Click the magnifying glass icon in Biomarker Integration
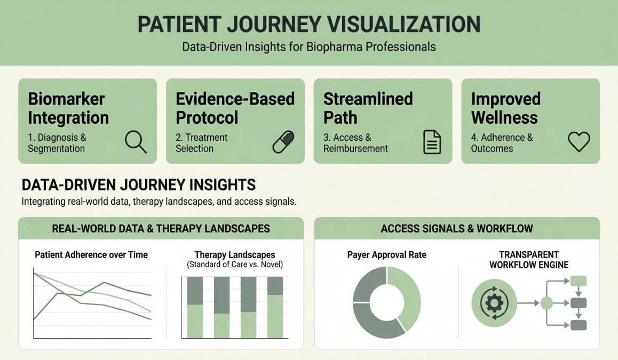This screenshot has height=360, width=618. pyautogui.click(x=136, y=142)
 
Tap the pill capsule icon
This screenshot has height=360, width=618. pyautogui.click(x=283, y=142)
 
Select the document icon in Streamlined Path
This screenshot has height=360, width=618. pyautogui.click(x=432, y=142)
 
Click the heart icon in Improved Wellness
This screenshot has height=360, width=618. pyautogui.click(x=579, y=142)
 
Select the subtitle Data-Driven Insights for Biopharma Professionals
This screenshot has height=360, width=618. pyautogui.click(x=309, y=47)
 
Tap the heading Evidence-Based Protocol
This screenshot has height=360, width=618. pyautogui.click(x=235, y=108)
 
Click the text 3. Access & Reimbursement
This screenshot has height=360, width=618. pyautogui.click(x=355, y=143)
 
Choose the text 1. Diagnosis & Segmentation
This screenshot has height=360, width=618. pyautogui.click(x=57, y=143)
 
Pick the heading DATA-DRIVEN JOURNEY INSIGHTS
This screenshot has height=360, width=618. pyautogui.click(x=139, y=185)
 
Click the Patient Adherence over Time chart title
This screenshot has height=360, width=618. pyautogui.click(x=91, y=255)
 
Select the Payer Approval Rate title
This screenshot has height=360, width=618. pyautogui.click(x=387, y=255)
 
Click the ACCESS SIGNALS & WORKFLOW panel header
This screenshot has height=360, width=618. pyautogui.click(x=457, y=229)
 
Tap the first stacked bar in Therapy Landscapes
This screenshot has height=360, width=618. pyautogui.click(x=195, y=307)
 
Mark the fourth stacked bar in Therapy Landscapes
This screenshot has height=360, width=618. pyautogui.click(x=275, y=307)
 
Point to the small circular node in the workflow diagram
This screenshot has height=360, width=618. pyautogui.click(x=546, y=303)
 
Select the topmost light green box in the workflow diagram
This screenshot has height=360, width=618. pyautogui.click(x=579, y=281)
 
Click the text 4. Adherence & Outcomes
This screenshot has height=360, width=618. pyautogui.click(x=502, y=143)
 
